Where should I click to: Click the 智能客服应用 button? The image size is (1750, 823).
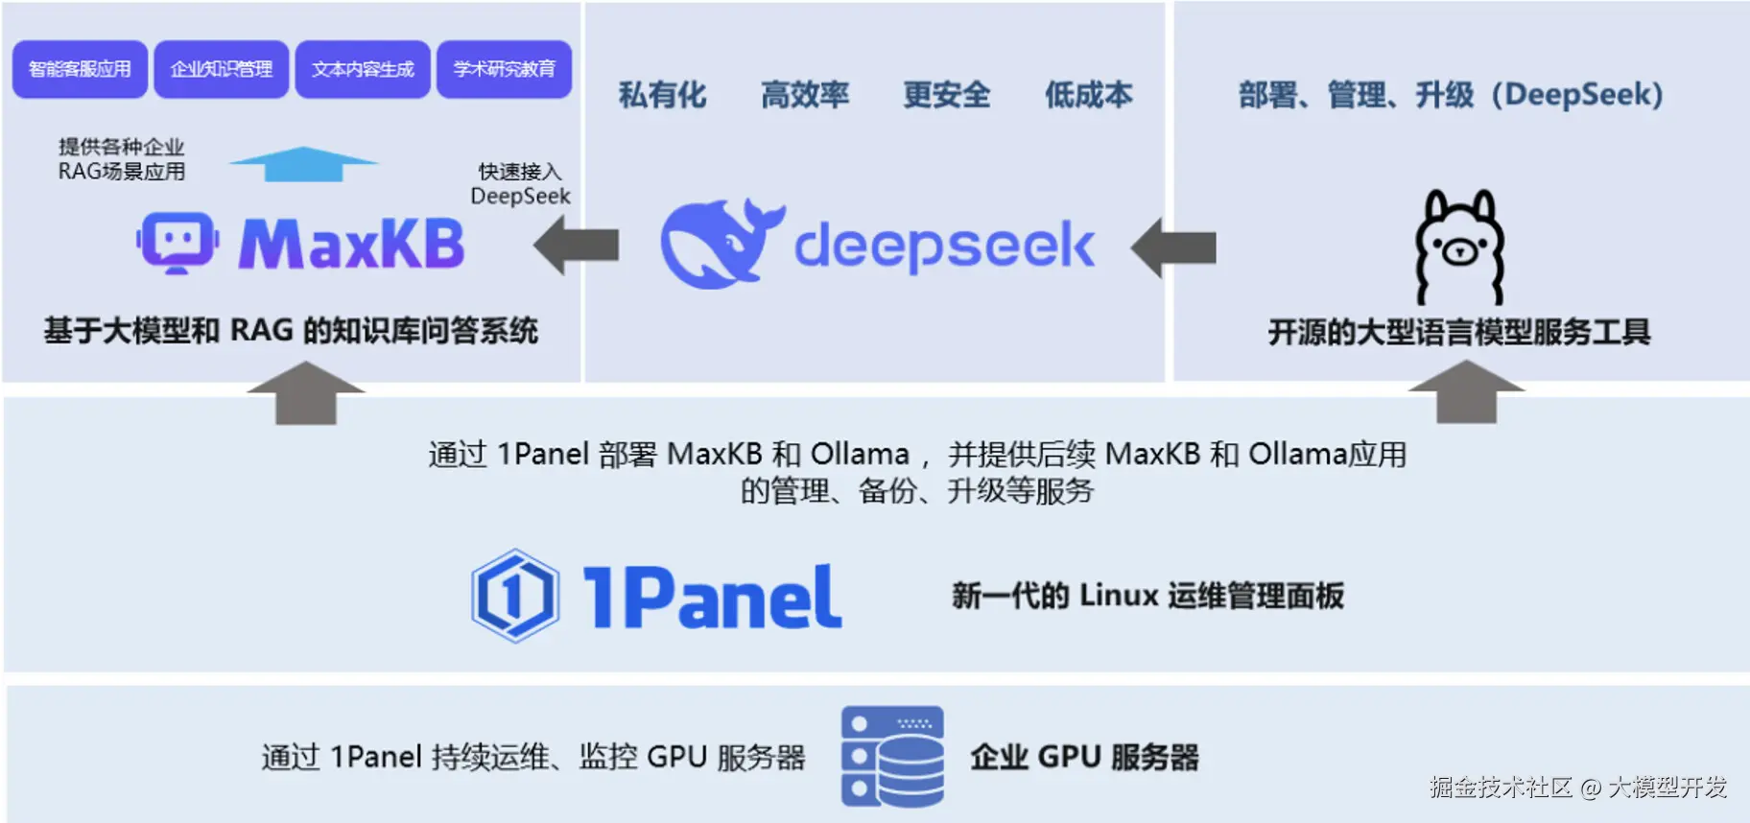click(x=80, y=69)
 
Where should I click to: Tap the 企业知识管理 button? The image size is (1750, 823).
click(x=221, y=69)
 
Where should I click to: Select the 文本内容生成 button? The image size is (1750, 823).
click(x=363, y=69)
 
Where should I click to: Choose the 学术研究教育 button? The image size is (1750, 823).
click(x=504, y=69)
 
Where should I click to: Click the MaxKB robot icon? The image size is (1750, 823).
click(x=177, y=242)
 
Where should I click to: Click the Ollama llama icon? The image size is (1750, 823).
click(x=1459, y=247)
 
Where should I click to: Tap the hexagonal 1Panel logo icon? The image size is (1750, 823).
click(x=515, y=596)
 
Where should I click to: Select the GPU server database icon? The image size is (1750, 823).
click(x=892, y=757)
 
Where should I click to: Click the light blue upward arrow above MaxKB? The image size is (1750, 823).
click(x=303, y=164)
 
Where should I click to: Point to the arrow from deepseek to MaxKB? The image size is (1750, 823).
click(x=576, y=246)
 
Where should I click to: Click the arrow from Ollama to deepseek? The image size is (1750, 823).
click(x=1173, y=247)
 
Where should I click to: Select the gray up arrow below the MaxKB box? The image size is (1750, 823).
click(x=306, y=392)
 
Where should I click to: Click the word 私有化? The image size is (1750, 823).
click(x=662, y=95)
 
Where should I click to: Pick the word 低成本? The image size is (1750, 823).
click(x=1088, y=95)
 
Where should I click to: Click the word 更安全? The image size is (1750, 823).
click(x=946, y=95)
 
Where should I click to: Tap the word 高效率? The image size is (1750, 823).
click(x=804, y=95)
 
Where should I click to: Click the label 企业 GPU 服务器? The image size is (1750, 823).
click(x=1084, y=757)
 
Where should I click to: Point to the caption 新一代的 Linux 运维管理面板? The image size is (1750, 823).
click(x=1147, y=596)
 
